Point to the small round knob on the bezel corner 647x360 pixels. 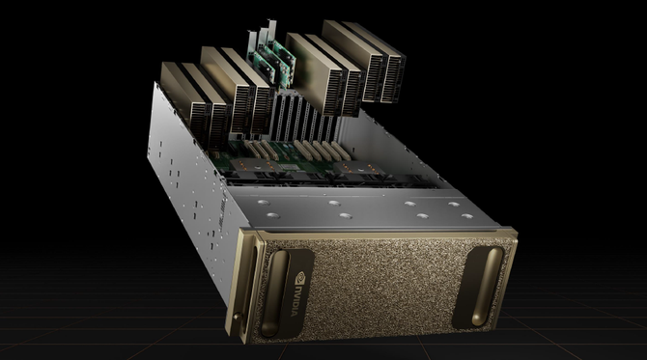coord(237,317)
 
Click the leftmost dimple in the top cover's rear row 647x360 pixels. coord(264,203)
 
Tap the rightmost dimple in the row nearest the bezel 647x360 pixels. coord(467,216)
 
